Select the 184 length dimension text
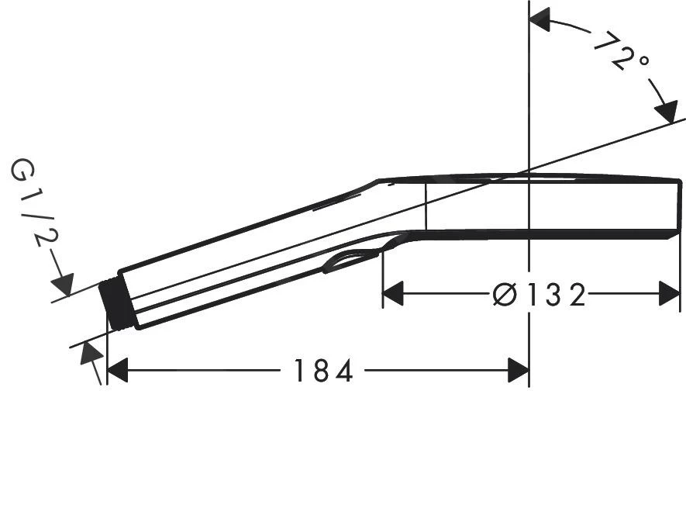pos(322,371)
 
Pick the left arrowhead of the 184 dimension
pos(117,371)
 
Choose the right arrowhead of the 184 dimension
pos(518,371)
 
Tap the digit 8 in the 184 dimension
pos(322,371)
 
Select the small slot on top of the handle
pos(336,202)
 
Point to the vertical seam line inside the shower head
pos(426,206)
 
